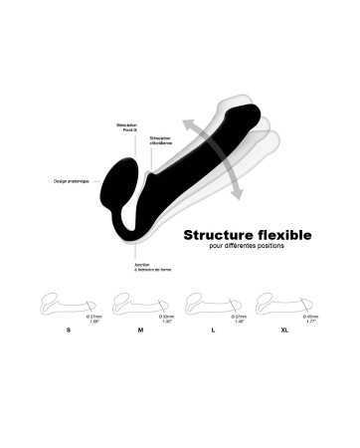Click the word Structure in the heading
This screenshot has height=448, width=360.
click(215, 235)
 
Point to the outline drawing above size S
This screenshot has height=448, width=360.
click(68, 303)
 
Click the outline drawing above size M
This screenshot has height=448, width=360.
click(140, 303)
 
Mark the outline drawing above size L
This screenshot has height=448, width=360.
click(212, 303)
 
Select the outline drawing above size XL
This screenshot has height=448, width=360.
click(285, 303)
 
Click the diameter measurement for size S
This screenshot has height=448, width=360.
click(95, 317)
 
